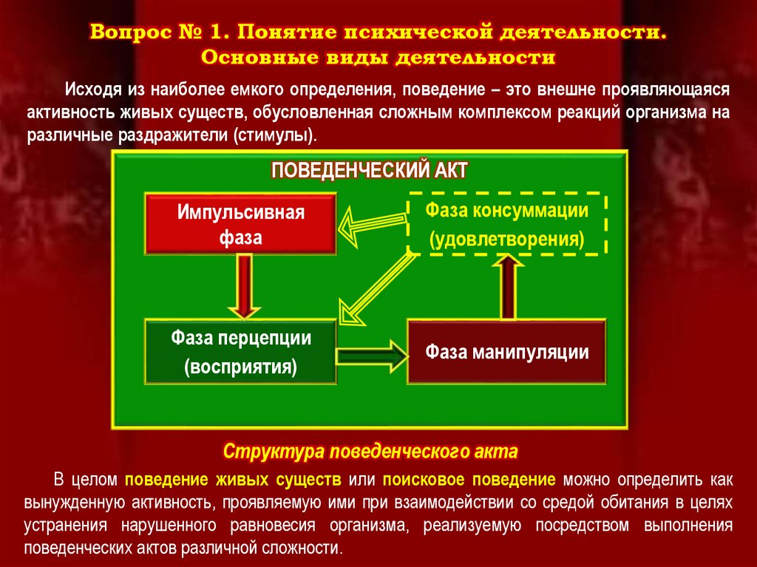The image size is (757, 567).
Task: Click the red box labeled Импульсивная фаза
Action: (240, 224)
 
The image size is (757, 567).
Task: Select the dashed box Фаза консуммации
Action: (507, 225)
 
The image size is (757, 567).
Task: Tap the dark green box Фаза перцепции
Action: (241, 352)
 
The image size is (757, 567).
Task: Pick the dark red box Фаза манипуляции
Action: (506, 352)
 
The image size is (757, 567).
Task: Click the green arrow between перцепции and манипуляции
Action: (373, 353)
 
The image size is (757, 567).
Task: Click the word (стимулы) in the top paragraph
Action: (277, 137)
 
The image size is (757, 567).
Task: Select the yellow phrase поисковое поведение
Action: (469, 480)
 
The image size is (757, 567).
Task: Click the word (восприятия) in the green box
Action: (241, 367)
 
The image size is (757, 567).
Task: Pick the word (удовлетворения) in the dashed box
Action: (507, 240)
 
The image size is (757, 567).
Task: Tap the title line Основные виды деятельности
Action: (377, 57)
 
